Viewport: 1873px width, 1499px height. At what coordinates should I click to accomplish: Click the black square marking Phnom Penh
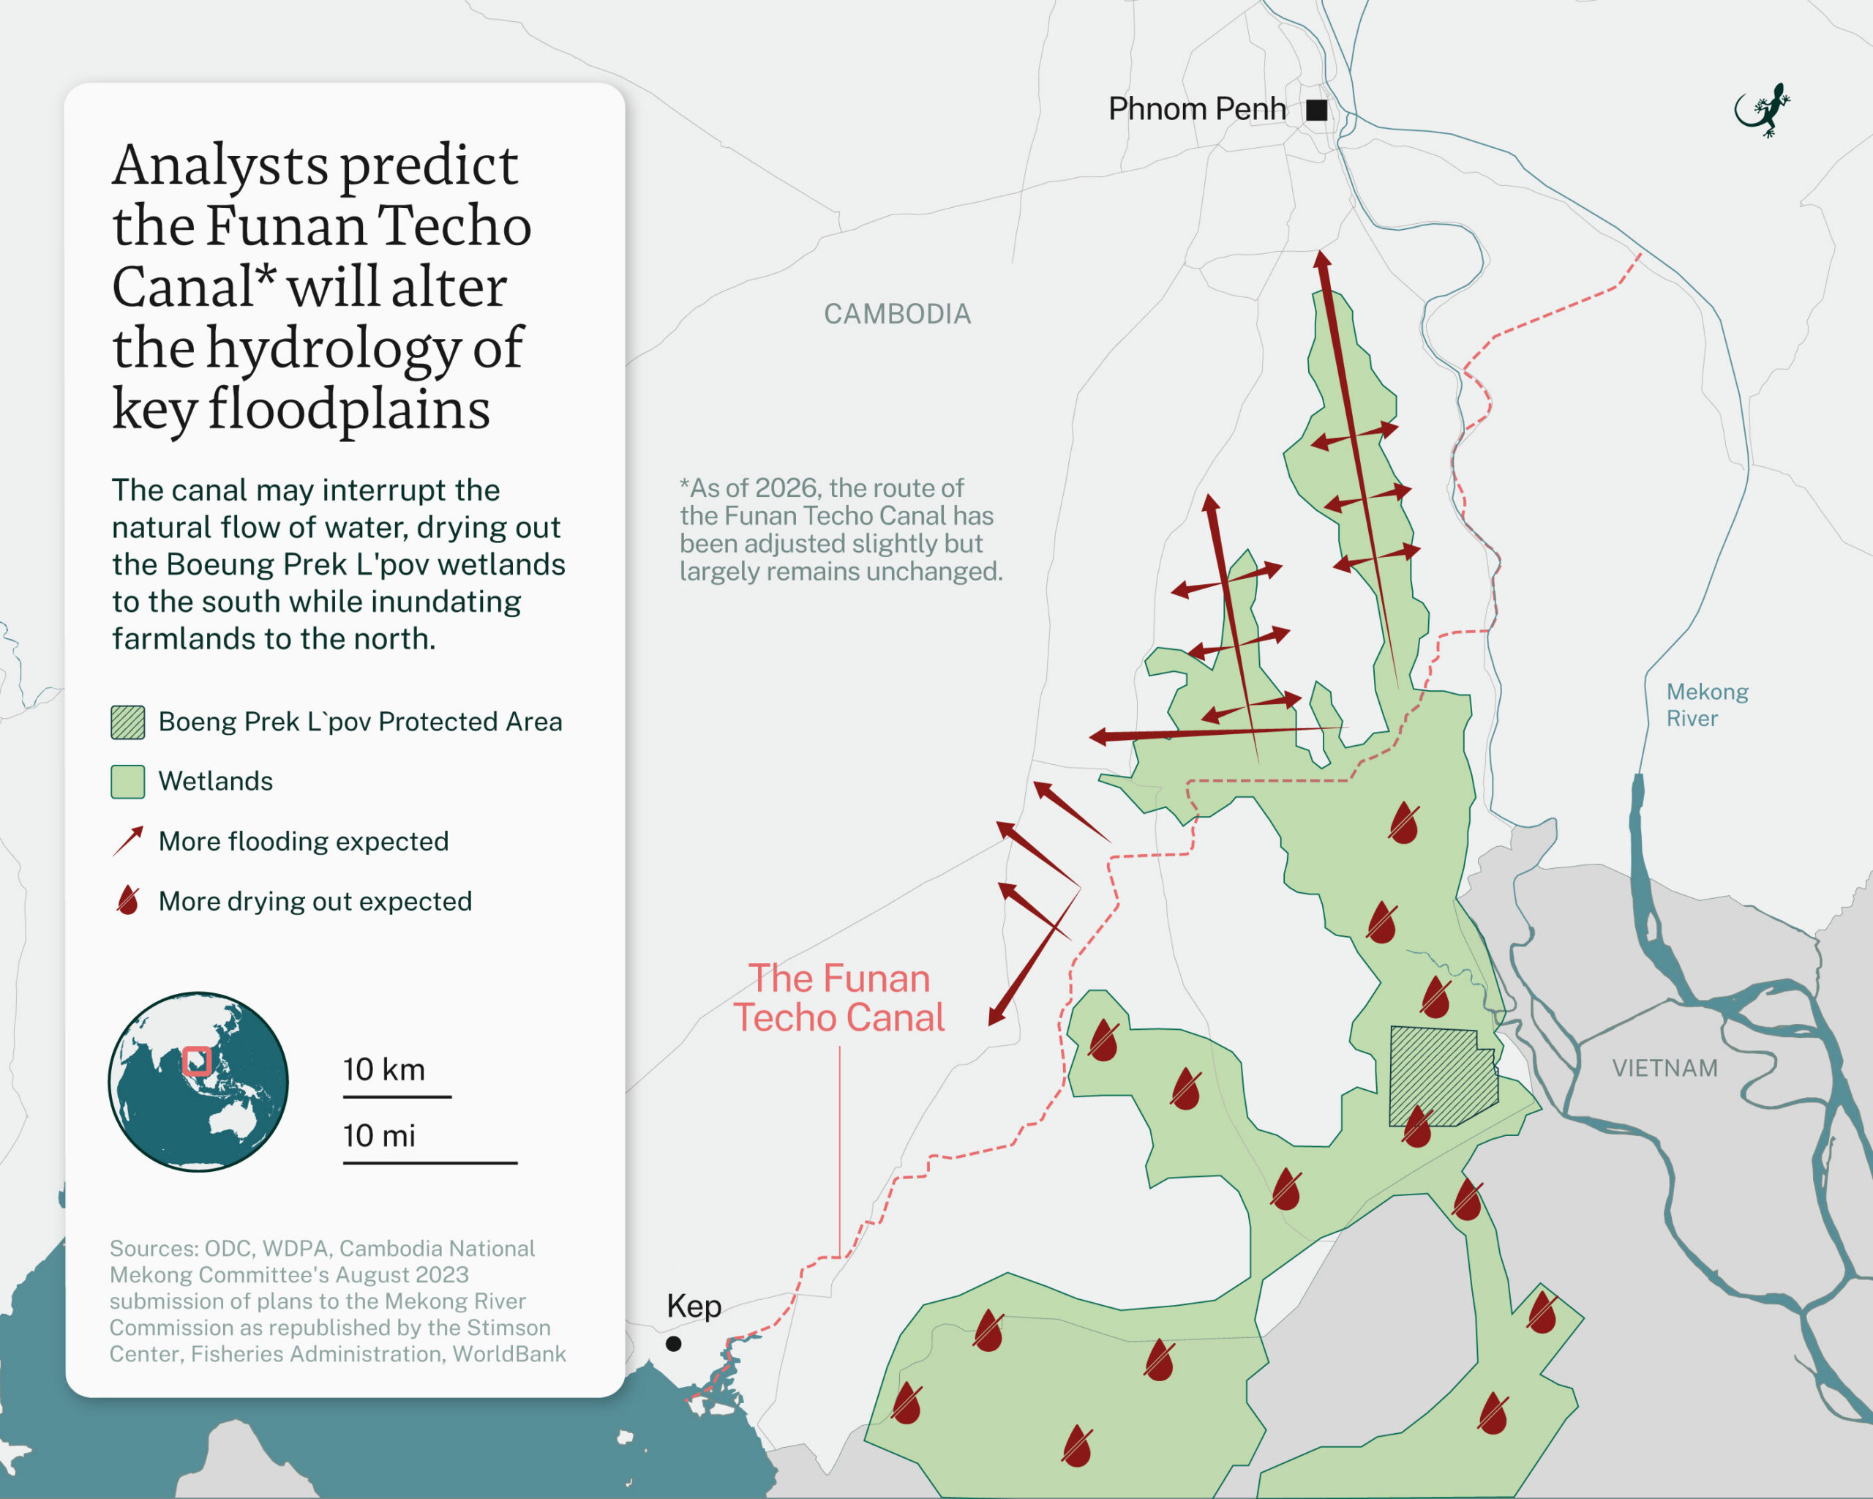click(1316, 111)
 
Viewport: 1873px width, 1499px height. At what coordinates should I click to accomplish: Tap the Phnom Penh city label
click(1196, 110)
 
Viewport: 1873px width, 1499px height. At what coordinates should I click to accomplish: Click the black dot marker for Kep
click(673, 1343)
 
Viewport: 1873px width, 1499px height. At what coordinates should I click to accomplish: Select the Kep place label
click(694, 1306)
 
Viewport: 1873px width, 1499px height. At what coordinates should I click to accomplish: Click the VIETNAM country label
click(1664, 1068)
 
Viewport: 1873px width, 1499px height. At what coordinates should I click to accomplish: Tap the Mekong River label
click(1706, 705)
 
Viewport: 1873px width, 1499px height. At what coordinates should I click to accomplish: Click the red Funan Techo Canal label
click(838, 998)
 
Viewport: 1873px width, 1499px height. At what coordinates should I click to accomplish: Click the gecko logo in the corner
click(1763, 111)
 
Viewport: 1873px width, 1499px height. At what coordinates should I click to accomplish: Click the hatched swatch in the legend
click(128, 722)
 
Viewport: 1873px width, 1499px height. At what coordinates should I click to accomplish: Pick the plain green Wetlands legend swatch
click(128, 781)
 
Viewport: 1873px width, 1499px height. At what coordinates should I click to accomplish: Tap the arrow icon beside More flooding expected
click(128, 841)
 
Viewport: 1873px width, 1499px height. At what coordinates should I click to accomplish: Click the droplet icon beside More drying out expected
click(128, 901)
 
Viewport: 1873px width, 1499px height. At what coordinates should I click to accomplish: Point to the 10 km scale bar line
click(397, 1096)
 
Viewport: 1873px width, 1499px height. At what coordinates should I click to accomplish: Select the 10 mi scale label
click(379, 1136)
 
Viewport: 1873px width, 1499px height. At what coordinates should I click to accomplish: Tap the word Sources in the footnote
click(152, 1249)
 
